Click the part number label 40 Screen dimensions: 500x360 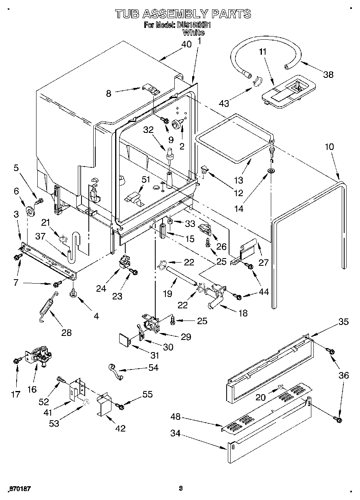186,45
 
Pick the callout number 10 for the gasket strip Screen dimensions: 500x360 329,146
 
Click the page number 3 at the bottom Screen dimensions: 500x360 181,488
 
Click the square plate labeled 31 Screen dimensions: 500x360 124,339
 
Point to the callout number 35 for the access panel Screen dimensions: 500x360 343,323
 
